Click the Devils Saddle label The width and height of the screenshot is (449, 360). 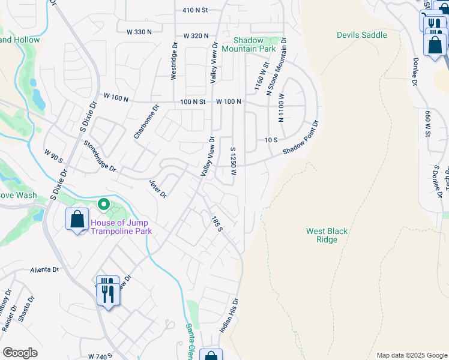pos(361,35)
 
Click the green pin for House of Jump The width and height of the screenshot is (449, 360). pos(103,206)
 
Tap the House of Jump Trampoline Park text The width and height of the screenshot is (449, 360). pos(121,227)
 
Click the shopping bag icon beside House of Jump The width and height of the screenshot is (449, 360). pos(77,220)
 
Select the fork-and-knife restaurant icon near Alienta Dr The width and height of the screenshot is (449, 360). pos(107,291)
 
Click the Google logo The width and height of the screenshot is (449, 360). pos(20,353)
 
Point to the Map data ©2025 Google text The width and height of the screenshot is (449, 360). pos(411,355)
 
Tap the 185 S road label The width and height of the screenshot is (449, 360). pos(217,225)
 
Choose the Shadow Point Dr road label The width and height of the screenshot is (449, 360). pos(300,137)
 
